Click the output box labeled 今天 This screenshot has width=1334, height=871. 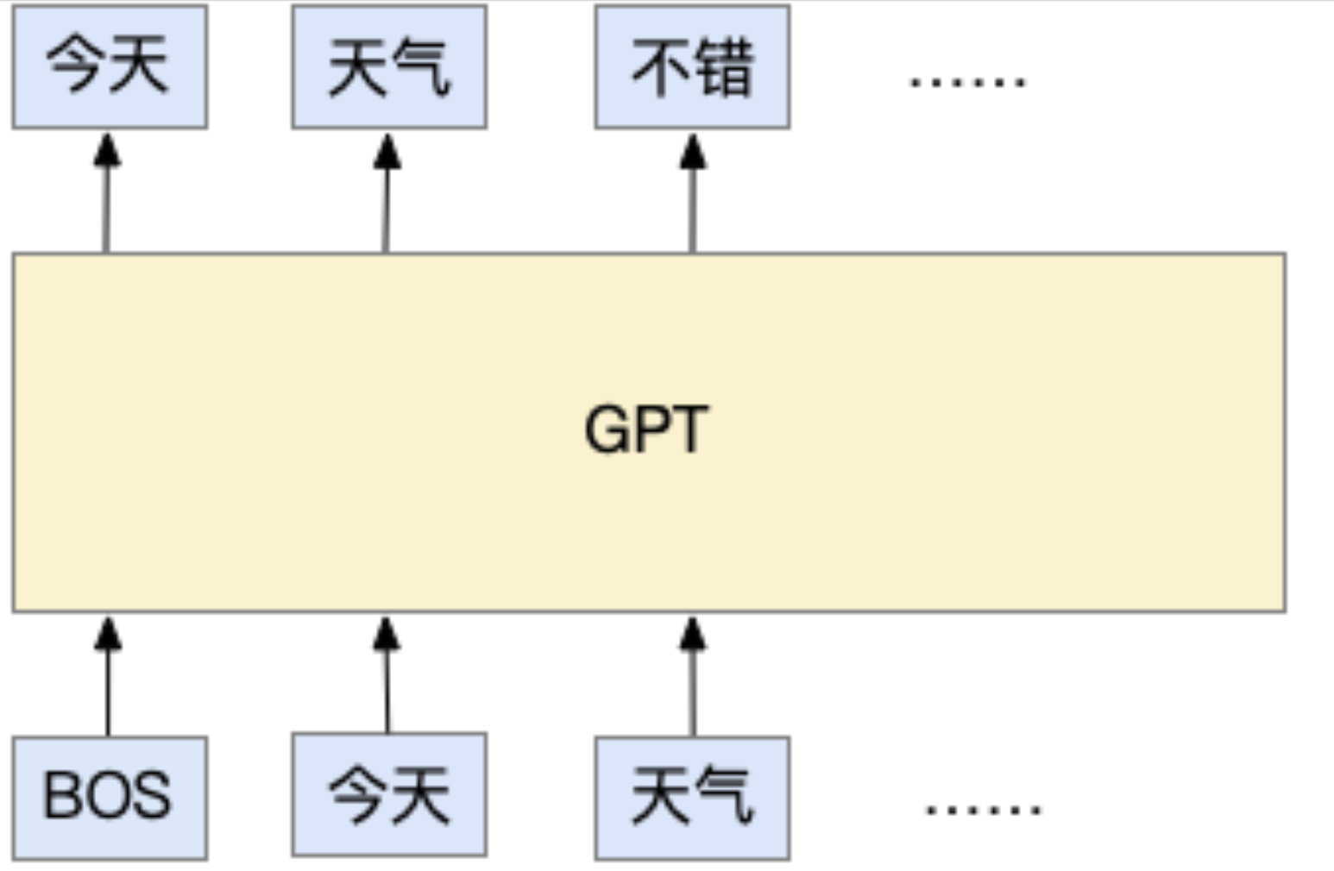pyautogui.click(x=110, y=66)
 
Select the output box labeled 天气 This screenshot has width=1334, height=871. pyautogui.click(x=389, y=66)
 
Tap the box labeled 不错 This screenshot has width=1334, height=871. pyautogui.click(x=692, y=66)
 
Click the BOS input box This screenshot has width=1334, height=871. pyautogui.click(x=110, y=798)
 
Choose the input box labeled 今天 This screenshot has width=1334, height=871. pyautogui.click(x=389, y=794)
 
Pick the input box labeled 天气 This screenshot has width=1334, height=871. pyautogui.click(x=692, y=798)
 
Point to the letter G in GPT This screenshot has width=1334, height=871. pyautogui.click(x=609, y=429)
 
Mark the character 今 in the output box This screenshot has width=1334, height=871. pyautogui.click(x=76, y=66)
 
